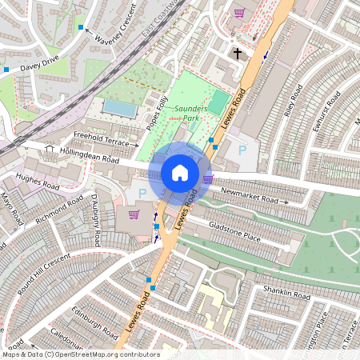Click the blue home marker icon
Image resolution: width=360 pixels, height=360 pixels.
tap(180, 173)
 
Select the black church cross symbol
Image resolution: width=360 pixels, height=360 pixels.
tap(237, 54)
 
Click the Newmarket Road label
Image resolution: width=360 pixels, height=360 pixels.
tap(249, 196)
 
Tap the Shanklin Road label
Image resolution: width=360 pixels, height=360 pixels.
tap(286, 294)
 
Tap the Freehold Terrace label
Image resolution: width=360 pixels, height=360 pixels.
tap(100, 139)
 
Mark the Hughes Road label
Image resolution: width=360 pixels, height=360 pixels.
tap(38, 182)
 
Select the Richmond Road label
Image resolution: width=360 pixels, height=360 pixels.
tap(60, 210)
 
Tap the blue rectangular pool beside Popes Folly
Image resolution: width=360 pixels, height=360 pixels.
tap(120, 108)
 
